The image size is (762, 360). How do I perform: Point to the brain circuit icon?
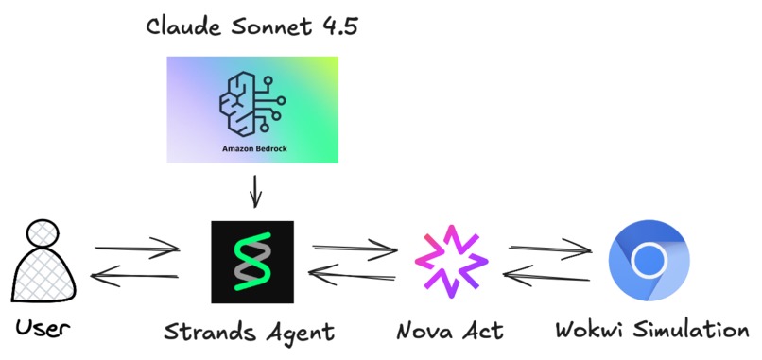pos(251,101)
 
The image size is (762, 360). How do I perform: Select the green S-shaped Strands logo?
pos(252,263)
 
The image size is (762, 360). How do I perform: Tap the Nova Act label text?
pos(451,331)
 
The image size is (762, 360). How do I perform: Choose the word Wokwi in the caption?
pos(586,331)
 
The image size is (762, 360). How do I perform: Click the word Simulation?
pos(685,331)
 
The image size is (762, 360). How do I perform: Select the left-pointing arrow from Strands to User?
pos(136,276)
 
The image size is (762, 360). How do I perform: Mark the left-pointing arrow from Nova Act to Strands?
pos(353,275)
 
